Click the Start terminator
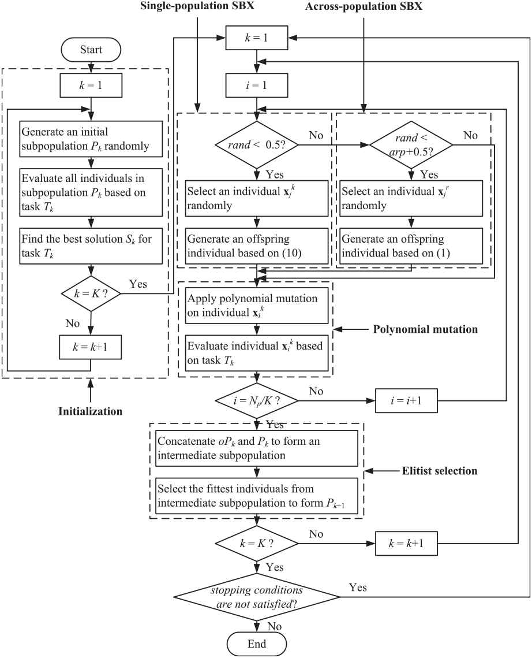tap(91, 50)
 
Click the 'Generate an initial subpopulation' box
tap(91, 139)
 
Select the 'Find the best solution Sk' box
tap(91, 244)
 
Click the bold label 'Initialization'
tap(91, 412)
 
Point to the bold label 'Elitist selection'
tap(440, 471)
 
